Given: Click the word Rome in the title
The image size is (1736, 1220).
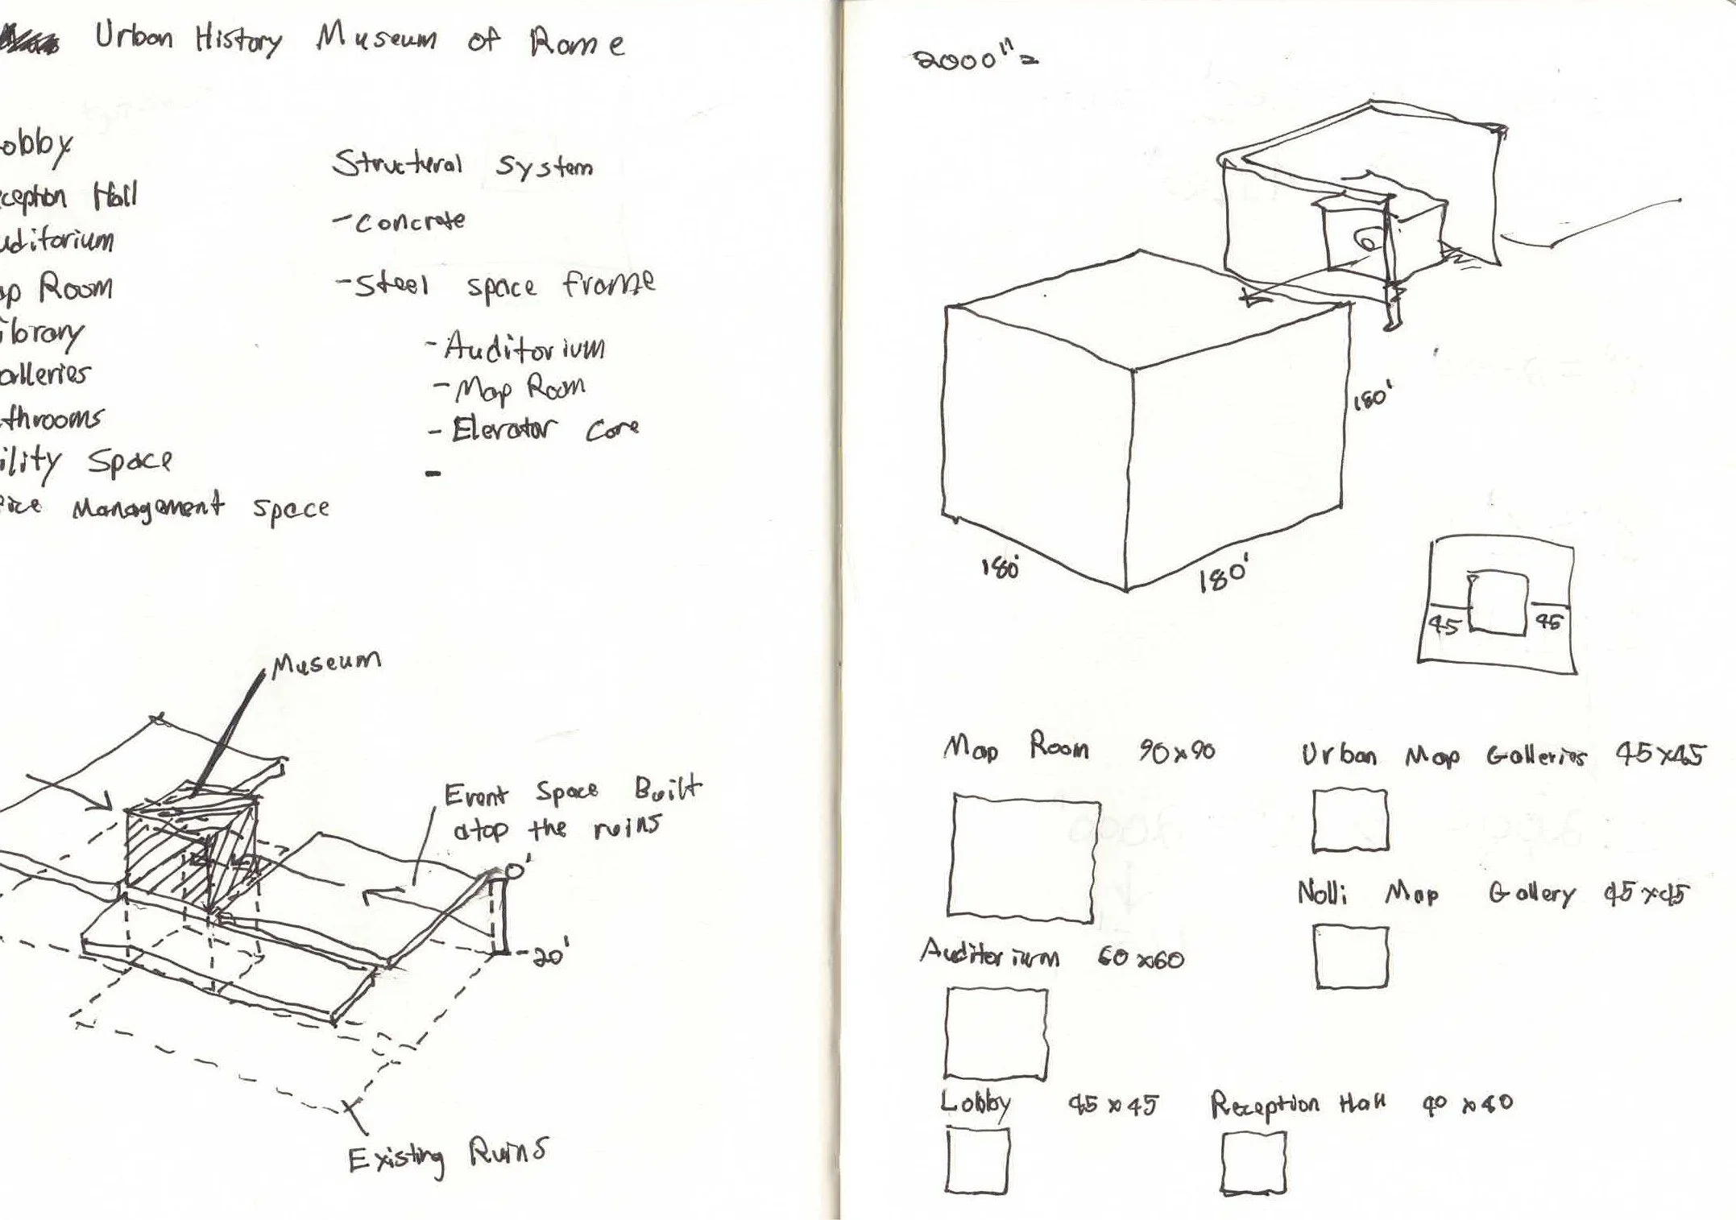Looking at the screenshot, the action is (x=576, y=42).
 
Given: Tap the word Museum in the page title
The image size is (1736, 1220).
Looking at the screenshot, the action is (x=376, y=38).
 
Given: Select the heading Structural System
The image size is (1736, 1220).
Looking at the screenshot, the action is (x=462, y=165).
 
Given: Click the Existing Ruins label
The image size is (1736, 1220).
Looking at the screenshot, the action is (x=447, y=1156).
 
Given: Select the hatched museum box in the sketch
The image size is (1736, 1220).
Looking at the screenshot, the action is (x=189, y=846).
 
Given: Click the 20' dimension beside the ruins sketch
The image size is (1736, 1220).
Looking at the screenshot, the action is (x=550, y=955).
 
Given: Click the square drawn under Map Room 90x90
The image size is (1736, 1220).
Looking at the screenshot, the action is (x=1023, y=855).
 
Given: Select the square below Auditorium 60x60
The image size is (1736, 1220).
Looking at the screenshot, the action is (x=996, y=1033).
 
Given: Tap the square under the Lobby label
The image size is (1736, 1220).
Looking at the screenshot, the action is (x=977, y=1160).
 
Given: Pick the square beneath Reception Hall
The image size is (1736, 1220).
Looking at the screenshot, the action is (x=1253, y=1162).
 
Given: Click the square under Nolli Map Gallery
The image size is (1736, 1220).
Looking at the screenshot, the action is (x=1352, y=956).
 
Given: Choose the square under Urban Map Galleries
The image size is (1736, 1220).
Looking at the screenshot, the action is (x=1350, y=820).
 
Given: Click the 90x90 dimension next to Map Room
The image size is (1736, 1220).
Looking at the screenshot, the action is (x=1177, y=752).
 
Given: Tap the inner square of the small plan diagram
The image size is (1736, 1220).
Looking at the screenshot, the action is (x=1498, y=603).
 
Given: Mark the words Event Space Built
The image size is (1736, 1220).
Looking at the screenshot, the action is (x=572, y=792).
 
